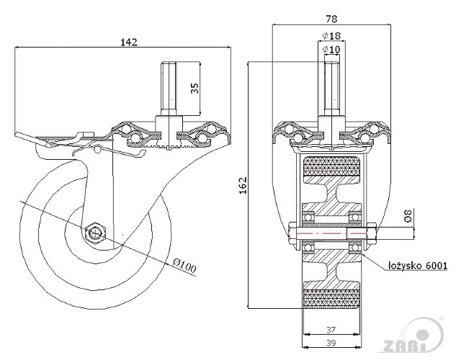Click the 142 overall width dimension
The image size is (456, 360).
129,42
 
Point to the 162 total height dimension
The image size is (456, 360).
242,185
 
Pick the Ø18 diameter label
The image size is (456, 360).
332,35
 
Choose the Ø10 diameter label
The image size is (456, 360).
332,49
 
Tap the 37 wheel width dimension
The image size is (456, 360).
332,329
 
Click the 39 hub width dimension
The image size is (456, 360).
332,343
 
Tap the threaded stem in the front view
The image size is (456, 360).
332,90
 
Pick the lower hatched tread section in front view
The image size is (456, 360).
332,297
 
